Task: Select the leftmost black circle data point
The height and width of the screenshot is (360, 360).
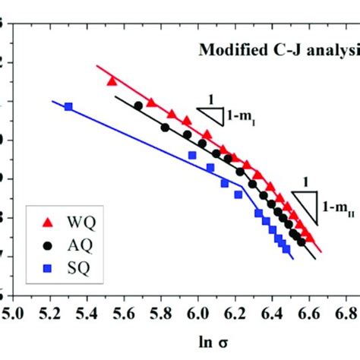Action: coord(138,106)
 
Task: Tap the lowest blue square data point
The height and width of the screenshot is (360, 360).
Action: coord(286,249)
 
